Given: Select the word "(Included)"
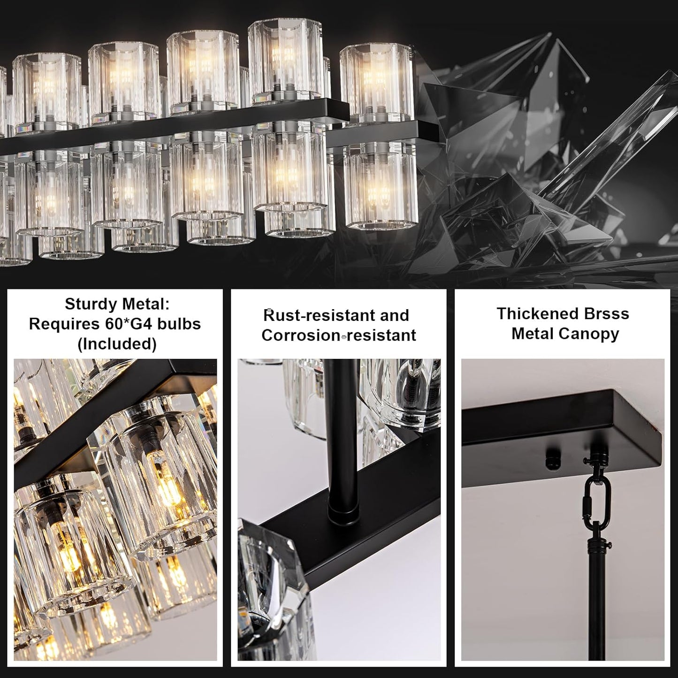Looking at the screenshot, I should coord(116,344).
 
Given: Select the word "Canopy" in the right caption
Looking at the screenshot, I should coord(594,334).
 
